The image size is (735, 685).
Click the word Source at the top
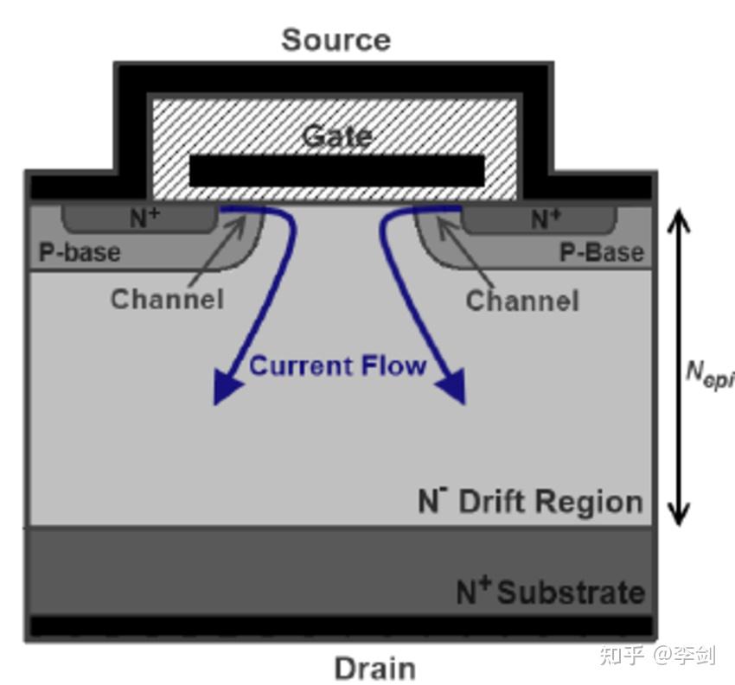click(336, 40)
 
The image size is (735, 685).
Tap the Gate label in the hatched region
click(337, 136)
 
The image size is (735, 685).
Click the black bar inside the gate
click(336, 171)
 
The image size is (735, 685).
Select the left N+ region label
click(145, 219)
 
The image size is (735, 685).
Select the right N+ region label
click(546, 219)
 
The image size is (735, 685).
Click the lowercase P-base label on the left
click(80, 252)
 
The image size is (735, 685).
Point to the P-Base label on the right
click(602, 252)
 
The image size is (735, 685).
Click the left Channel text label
click(167, 299)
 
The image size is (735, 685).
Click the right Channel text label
click(522, 301)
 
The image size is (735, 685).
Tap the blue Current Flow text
click(337, 365)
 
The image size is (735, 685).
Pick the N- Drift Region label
click(530, 501)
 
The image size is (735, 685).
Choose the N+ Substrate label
click(551, 591)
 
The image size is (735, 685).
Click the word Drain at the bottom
click(375, 668)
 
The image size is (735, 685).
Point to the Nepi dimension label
click(709, 375)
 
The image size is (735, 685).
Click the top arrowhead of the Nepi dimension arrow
click(678, 220)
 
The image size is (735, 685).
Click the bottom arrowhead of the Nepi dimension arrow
click(678, 514)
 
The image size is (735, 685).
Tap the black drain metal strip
click(342, 626)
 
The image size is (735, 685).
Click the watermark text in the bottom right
click(657, 655)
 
